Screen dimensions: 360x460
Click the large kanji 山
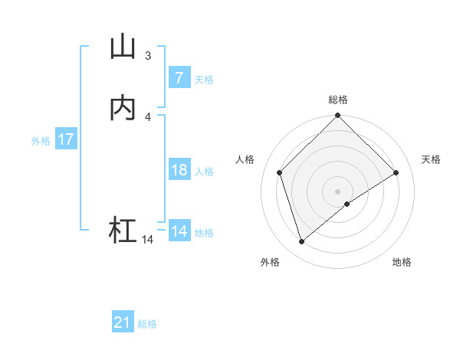click(x=123, y=47)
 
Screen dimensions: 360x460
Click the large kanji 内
click(x=123, y=109)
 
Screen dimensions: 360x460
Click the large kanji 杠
click(x=123, y=231)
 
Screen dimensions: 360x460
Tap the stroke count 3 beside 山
click(x=148, y=55)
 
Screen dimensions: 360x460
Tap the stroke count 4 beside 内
click(x=148, y=116)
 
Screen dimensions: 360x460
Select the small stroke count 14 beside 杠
click(x=147, y=240)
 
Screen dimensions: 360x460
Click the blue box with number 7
click(x=179, y=78)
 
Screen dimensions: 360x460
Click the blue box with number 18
click(x=179, y=170)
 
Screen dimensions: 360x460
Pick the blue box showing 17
click(x=65, y=140)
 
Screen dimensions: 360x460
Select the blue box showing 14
click(x=179, y=231)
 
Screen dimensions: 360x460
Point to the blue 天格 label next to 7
click(x=204, y=80)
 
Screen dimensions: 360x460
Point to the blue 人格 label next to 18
click(x=204, y=172)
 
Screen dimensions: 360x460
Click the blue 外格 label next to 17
click(x=41, y=141)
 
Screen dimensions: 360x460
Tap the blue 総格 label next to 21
click(x=147, y=324)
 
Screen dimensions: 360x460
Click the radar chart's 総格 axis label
click(x=338, y=100)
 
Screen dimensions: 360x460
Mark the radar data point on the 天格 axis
click(x=396, y=172)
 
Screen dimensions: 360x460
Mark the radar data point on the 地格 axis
click(x=347, y=204)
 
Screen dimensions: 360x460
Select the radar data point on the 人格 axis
click(x=280, y=172)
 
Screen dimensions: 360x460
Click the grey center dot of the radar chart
click(x=338, y=191)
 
